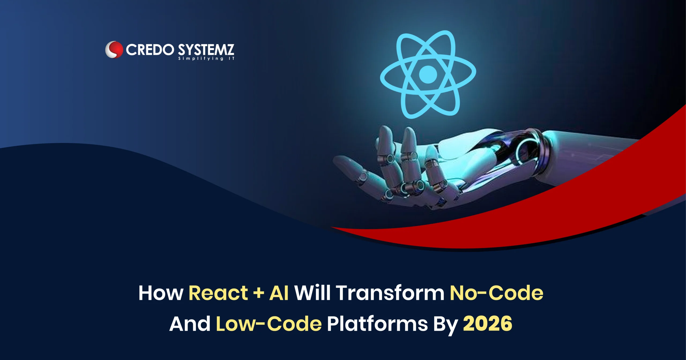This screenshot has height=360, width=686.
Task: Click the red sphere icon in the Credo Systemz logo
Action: coord(114,50)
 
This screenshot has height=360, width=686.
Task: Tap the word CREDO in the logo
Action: coord(150,50)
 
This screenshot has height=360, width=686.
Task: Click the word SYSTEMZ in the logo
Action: coord(206,50)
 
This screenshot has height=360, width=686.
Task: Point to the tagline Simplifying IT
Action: coord(206,58)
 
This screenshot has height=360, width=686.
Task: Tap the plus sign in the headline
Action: coord(259,293)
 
